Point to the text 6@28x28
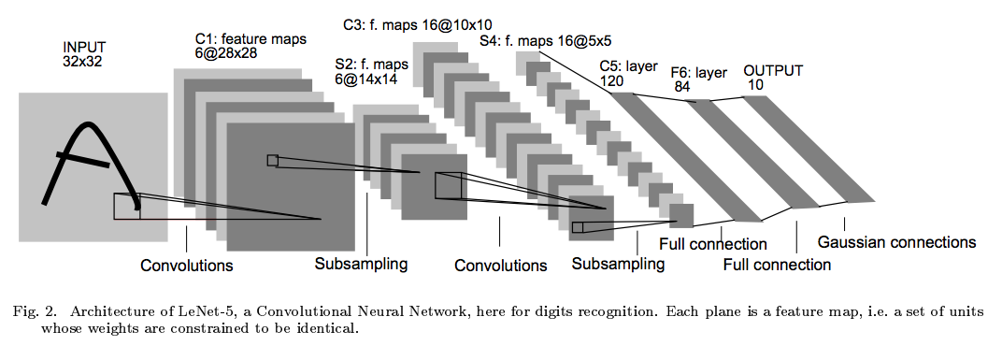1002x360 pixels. click(x=226, y=52)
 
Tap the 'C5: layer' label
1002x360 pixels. click(x=630, y=67)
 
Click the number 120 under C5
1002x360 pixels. click(x=613, y=82)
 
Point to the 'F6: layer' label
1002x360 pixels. click(x=700, y=71)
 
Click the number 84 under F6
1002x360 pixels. click(x=682, y=87)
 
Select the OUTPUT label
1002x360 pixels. click(x=772, y=70)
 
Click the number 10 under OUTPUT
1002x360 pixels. click(x=755, y=86)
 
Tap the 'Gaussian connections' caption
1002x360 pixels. click(x=896, y=242)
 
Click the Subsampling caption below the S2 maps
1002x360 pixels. click(x=361, y=264)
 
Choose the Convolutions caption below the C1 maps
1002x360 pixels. click(x=186, y=266)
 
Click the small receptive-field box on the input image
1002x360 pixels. click(x=126, y=206)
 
